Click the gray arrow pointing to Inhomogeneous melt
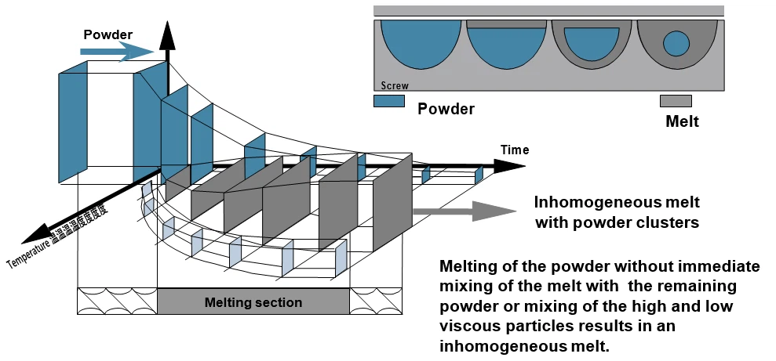click(463, 210)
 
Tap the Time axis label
click(515, 150)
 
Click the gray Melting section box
click(253, 301)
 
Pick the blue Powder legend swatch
click(389, 101)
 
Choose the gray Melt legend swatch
click(676, 101)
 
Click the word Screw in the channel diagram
click(394, 86)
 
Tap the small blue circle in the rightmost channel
click(676, 43)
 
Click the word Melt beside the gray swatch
click(681, 122)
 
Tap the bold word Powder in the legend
click(446, 109)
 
